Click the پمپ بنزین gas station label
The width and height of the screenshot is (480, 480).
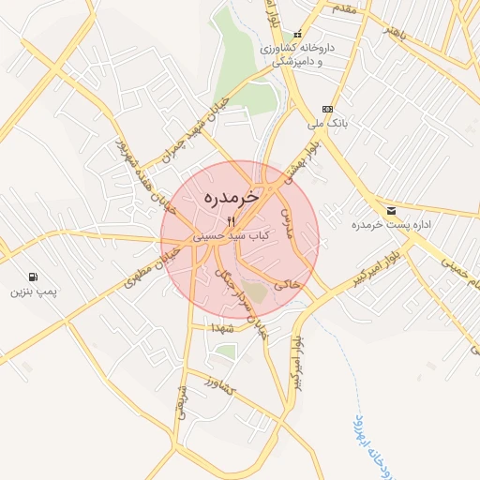(35, 292)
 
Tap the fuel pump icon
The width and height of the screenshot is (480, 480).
(35, 277)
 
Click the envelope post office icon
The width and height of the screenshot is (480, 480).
(390, 210)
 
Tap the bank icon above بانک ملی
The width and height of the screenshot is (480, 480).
(327, 108)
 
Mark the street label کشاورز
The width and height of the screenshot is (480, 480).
(218, 387)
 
